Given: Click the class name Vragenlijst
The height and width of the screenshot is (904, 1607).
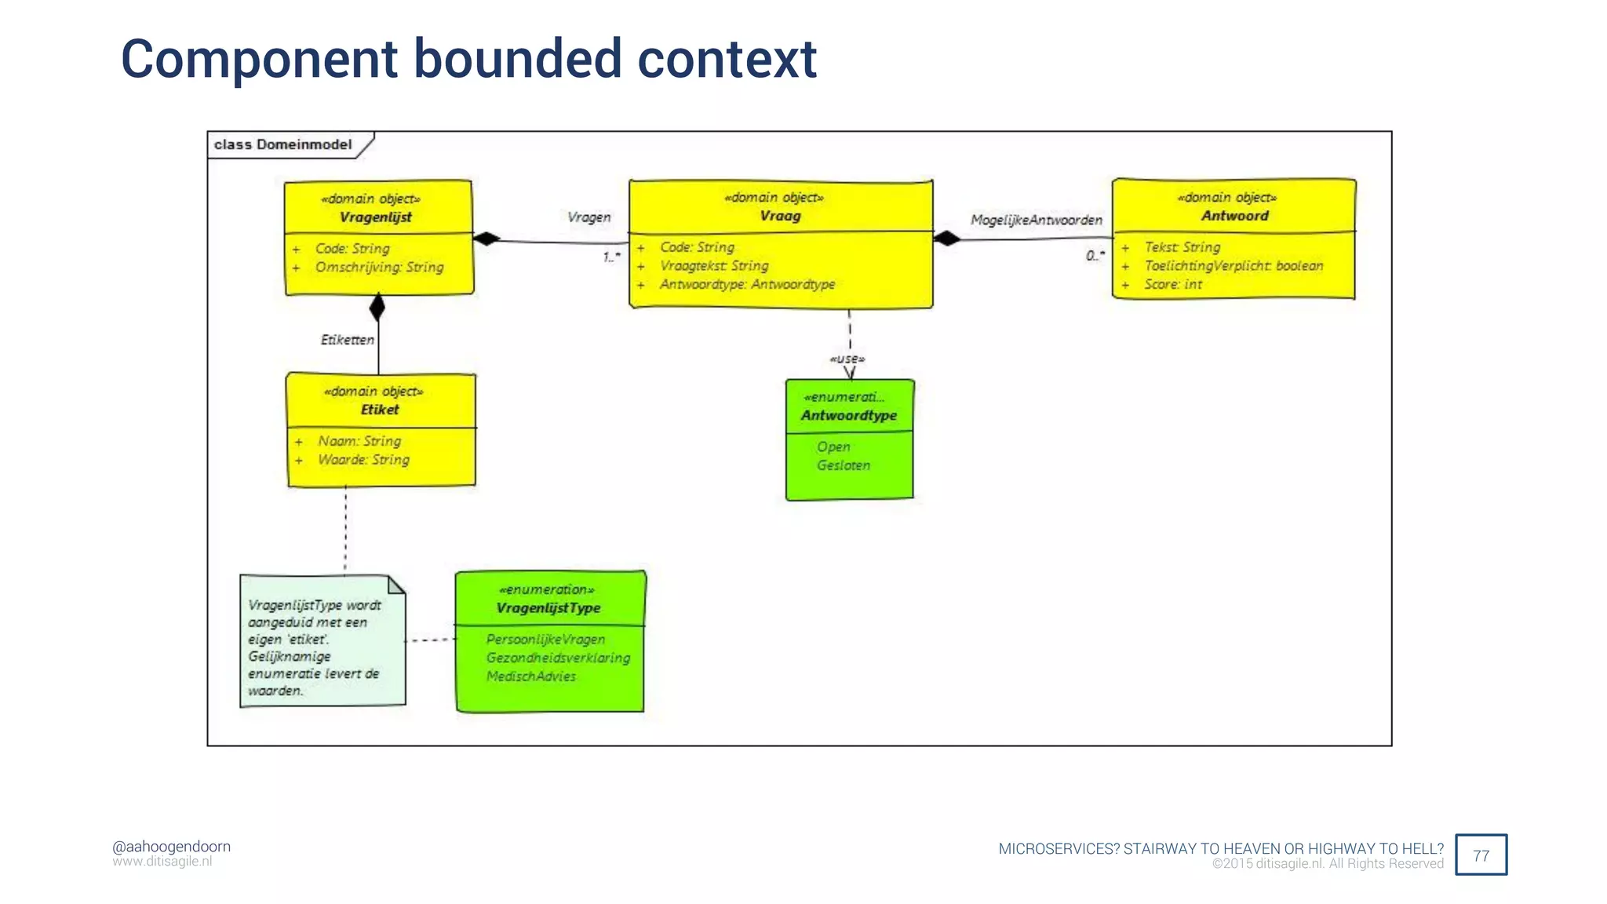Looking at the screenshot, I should (375, 217).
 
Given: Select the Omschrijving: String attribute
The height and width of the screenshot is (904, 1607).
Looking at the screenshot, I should (379, 268).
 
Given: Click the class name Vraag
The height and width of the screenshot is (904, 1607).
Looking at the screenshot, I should (780, 216).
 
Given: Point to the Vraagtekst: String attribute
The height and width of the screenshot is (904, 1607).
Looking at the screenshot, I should (713, 266).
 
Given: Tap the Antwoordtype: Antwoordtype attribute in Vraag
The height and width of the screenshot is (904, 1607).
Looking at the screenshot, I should (746, 284).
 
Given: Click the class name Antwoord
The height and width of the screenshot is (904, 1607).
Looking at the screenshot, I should (1234, 216).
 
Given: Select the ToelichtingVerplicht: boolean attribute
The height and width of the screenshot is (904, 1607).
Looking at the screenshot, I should (1233, 266).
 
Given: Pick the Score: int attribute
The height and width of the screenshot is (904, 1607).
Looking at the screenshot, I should (1172, 284).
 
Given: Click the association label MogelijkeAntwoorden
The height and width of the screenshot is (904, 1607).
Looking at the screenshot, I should (1036, 220).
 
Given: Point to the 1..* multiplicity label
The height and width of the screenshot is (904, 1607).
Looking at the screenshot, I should (611, 257).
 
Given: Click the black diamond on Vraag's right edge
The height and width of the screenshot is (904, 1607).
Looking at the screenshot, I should (947, 238).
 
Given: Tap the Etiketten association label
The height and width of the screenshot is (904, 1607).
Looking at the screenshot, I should (347, 340).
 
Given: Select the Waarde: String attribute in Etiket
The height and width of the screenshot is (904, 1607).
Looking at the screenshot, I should (363, 460).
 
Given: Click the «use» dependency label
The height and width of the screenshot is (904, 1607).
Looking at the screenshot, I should (847, 359).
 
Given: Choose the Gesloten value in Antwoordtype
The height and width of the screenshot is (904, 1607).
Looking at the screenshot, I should (843, 465).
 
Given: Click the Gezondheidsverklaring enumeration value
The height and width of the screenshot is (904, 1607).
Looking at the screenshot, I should (558, 658).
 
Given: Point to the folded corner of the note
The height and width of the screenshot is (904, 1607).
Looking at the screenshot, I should (396, 585).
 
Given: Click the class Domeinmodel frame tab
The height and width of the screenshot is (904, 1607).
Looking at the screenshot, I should (283, 144).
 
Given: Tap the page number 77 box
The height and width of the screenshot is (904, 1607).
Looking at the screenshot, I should (1481, 855).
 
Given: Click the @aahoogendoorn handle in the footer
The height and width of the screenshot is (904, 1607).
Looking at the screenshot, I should (171, 847).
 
